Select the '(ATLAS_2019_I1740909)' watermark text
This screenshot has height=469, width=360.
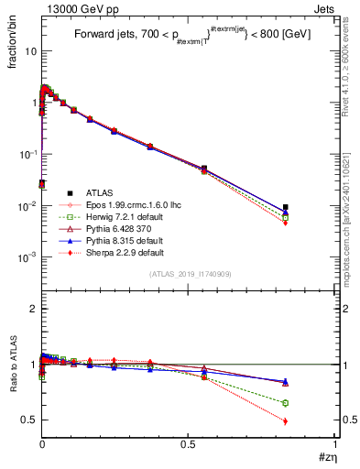pos(189,275)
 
